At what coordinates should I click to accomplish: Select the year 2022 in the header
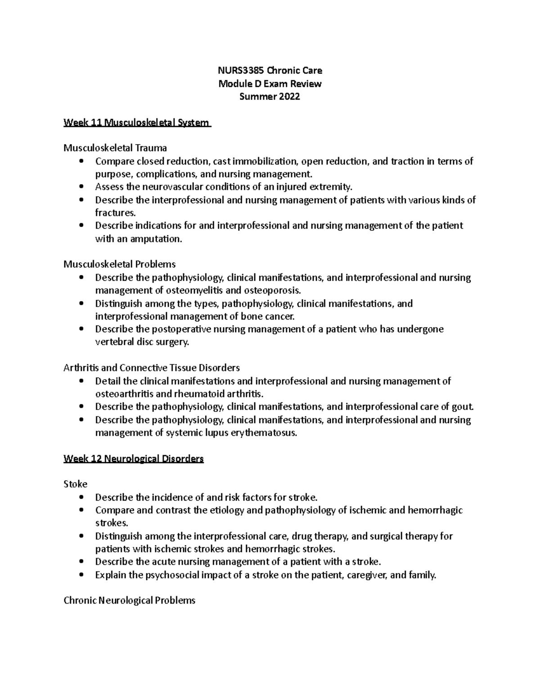coord(289,96)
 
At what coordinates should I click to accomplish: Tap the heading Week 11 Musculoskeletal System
coord(137,122)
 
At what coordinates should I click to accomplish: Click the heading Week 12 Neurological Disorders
coord(134,459)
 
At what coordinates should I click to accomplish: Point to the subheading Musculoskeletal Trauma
coord(115,148)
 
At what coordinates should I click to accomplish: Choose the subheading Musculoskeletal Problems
coord(120,264)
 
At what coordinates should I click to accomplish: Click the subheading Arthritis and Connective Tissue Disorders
coord(152,368)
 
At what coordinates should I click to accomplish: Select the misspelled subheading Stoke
coord(76,484)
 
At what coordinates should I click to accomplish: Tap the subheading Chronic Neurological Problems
coord(130,600)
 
